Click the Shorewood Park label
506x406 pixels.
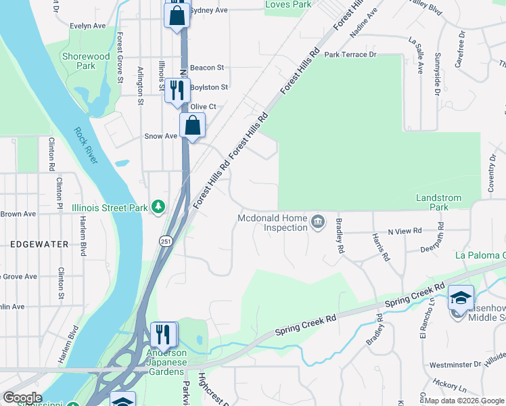[x=86, y=62]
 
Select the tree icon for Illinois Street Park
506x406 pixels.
[x=158, y=206]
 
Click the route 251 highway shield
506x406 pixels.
[x=166, y=241]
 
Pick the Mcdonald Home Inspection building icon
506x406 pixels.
[x=317, y=222]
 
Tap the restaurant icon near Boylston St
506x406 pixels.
[x=177, y=90]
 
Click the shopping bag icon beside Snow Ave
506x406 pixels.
[x=192, y=125]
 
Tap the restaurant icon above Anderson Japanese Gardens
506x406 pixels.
[x=163, y=334]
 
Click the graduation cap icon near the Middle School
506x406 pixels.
[x=461, y=298]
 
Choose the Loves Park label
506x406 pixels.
[x=289, y=5]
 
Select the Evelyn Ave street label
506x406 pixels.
[x=88, y=26]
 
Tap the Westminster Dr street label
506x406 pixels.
[x=454, y=365]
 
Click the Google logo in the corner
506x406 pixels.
[x=22, y=398]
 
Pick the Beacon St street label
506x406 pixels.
[x=207, y=68]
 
